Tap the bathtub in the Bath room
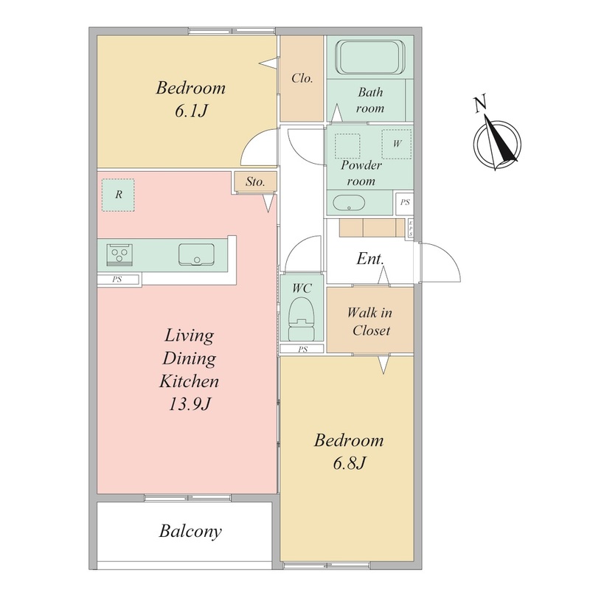click(x=370, y=58)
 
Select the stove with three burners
click(x=119, y=254)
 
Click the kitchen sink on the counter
click(x=196, y=254)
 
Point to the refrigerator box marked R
click(x=118, y=195)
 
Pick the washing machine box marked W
click(x=397, y=144)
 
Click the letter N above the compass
click(x=480, y=104)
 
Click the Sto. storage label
click(x=255, y=181)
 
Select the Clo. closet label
click(x=302, y=78)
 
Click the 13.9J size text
click(x=190, y=404)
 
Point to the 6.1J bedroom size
click(x=191, y=111)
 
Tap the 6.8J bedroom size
click(x=349, y=463)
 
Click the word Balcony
click(x=190, y=531)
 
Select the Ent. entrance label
click(x=370, y=259)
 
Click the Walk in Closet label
click(x=370, y=321)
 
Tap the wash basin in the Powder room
click(x=349, y=204)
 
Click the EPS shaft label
click(x=411, y=229)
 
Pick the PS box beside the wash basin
click(x=405, y=202)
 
